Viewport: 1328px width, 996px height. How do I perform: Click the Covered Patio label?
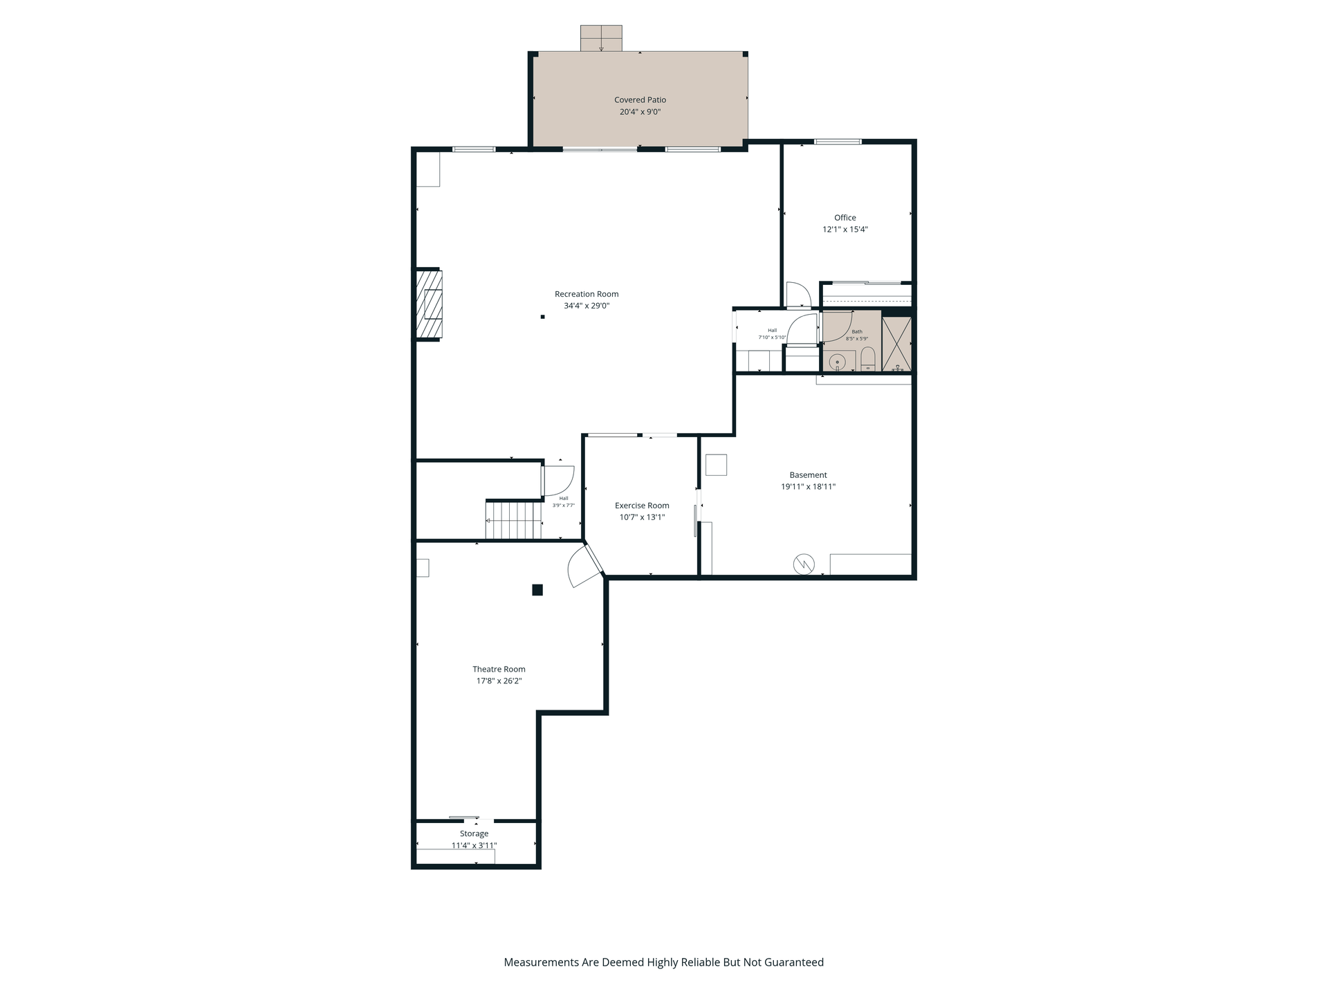(x=640, y=100)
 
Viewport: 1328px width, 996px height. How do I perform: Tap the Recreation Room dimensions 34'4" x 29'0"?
(x=587, y=306)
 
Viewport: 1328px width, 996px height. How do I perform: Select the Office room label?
(x=845, y=217)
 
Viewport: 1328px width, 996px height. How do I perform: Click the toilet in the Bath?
(x=868, y=359)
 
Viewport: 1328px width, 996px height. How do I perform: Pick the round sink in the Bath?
(x=838, y=362)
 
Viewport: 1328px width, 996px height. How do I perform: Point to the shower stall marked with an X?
(x=896, y=344)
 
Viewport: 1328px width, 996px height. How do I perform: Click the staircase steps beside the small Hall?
(x=513, y=520)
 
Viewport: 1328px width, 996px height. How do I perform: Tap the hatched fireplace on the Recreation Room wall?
(x=429, y=304)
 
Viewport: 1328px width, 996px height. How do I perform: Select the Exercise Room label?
(x=642, y=506)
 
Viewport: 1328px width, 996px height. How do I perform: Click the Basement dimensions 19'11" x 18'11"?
(x=808, y=487)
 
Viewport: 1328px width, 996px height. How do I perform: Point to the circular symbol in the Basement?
(x=804, y=564)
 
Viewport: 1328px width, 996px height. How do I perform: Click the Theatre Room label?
(x=499, y=669)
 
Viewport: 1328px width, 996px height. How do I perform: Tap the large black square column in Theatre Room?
(x=537, y=590)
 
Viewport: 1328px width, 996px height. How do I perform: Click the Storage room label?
(x=474, y=833)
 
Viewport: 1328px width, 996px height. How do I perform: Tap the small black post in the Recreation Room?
(x=543, y=317)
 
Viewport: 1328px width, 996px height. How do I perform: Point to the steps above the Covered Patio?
(x=601, y=38)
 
